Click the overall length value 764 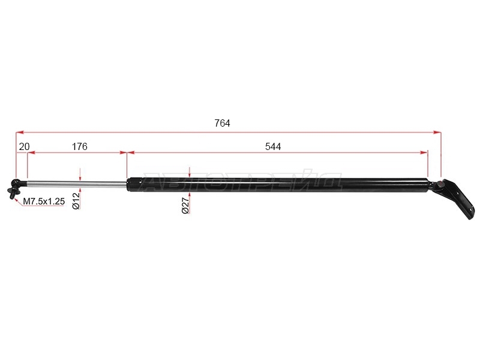tap(222, 123)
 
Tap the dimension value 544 tap(273, 146)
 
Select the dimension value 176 tap(80, 146)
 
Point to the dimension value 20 tap(24, 146)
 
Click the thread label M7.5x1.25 tap(44, 201)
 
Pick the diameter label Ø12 tap(76, 200)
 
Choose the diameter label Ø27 tap(185, 205)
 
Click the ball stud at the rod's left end tap(13, 189)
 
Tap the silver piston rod tap(77, 184)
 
